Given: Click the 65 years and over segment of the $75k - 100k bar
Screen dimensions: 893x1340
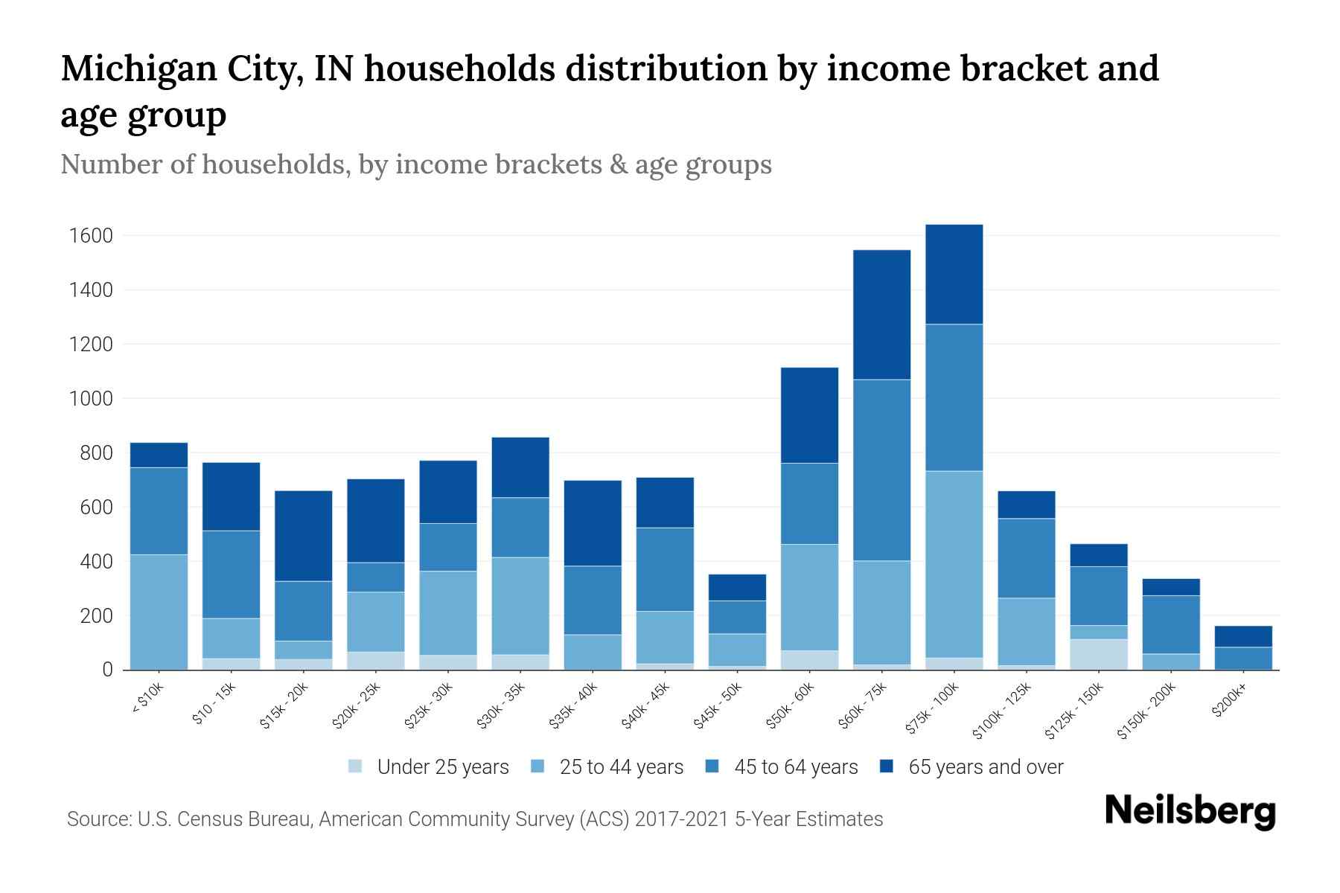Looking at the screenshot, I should pyautogui.click(x=954, y=274).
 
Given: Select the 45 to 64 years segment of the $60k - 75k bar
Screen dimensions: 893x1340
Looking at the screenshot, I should pyautogui.click(x=881, y=470).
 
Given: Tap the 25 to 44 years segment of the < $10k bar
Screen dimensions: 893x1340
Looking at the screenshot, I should pyautogui.click(x=159, y=612).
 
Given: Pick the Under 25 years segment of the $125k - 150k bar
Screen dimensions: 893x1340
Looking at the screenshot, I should pyautogui.click(x=1099, y=654).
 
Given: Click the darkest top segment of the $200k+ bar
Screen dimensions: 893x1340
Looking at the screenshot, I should pyautogui.click(x=1242, y=636).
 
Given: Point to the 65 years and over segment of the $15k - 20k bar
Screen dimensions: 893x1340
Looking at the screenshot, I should pyautogui.click(x=303, y=535).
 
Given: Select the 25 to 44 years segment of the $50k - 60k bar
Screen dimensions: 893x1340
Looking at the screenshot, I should pyautogui.click(x=809, y=597).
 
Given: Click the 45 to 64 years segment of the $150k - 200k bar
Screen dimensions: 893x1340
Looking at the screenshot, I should pyautogui.click(x=1170, y=624).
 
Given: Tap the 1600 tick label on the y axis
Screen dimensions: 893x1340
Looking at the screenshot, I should pyautogui.click(x=91, y=236).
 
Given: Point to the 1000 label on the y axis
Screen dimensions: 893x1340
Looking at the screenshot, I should pyautogui.click(x=91, y=399).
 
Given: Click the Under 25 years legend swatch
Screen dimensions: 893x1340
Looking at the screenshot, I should pyautogui.click(x=356, y=766).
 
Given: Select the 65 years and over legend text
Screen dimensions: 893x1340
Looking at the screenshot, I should pyautogui.click(x=986, y=766).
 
